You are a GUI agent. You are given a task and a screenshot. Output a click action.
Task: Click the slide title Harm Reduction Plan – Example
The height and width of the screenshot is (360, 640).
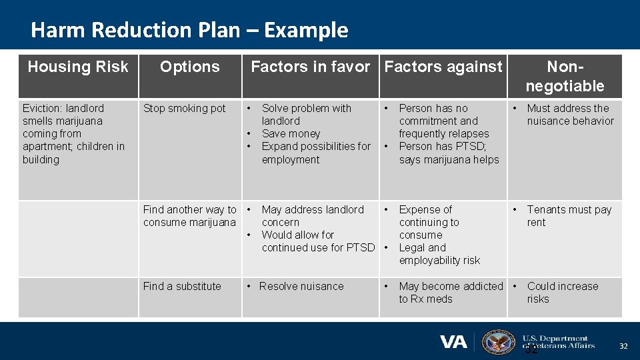pos(189,30)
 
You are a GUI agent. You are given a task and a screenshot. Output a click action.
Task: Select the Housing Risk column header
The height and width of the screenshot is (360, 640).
pos(78,67)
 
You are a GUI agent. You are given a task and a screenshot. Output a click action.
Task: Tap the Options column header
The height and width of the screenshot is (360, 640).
pos(190,67)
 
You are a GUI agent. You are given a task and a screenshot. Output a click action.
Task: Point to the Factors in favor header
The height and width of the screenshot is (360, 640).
pos(310,67)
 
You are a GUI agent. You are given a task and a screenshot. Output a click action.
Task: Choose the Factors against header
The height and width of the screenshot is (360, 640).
pos(443,67)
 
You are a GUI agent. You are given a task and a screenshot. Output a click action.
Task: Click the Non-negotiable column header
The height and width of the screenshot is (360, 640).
pos(565,76)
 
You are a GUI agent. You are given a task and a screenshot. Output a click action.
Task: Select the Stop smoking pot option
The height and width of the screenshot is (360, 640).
pos(185,109)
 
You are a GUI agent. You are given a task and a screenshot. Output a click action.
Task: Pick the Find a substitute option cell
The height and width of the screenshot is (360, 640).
pos(182,287)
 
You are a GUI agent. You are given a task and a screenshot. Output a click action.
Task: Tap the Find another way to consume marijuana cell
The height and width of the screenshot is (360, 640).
pos(189,216)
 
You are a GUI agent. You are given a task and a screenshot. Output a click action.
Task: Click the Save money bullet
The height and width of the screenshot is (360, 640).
pos(291,134)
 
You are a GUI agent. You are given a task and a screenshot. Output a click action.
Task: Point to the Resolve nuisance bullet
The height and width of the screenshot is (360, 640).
pos(301,287)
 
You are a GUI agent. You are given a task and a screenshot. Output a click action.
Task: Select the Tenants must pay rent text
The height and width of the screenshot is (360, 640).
pos(569,216)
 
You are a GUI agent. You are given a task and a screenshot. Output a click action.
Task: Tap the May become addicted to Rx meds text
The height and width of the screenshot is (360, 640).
pos(451,293)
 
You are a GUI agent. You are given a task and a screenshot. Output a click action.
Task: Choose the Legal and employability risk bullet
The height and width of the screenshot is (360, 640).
pos(439,254)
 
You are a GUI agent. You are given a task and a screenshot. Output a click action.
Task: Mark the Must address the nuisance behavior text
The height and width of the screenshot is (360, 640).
pos(570,115)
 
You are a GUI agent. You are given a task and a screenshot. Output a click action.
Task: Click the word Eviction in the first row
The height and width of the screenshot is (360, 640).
pos(42,109)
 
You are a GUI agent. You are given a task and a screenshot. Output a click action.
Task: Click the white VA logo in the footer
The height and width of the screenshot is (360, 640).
pos(453,342)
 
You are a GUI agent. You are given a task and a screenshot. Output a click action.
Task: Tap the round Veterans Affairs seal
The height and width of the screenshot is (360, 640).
pos(499,342)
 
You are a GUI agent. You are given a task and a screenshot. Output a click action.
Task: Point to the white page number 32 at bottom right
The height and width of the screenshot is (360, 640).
pos(623,346)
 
